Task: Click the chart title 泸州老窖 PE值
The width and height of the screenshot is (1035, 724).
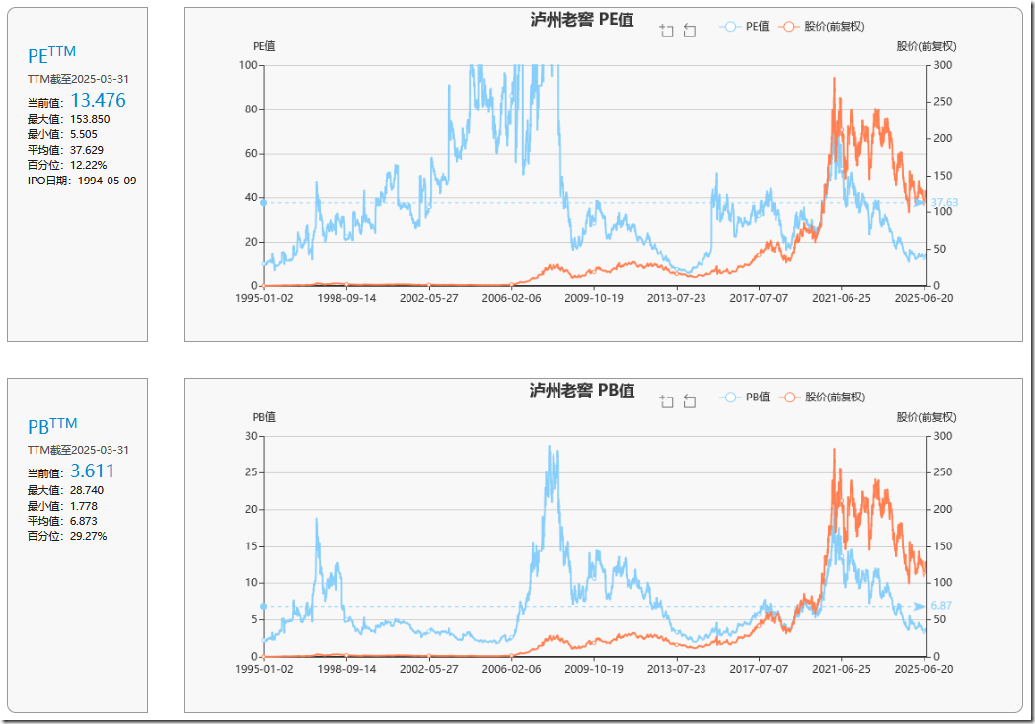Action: (x=581, y=20)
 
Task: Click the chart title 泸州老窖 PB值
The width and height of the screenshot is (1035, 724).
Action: (x=581, y=390)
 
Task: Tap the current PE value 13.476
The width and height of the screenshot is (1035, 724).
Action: (x=98, y=100)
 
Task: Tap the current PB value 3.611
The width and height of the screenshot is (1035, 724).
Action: (x=92, y=471)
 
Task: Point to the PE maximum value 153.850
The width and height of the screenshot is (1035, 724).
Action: (x=90, y=119)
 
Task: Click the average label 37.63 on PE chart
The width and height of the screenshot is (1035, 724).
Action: (x=944, y=203)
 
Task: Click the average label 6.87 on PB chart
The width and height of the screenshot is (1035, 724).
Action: (x=943, y=606)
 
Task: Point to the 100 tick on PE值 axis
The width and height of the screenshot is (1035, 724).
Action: (x=249, y=65)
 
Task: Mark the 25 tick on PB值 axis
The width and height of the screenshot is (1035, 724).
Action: (x=252, y=472)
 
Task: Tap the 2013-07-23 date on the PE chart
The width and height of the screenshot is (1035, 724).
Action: (x=677, y=298)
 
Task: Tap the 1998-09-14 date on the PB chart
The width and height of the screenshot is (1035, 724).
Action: (x=347, y=669)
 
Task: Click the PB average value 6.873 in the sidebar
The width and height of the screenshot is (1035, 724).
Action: (x=83, y=521)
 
